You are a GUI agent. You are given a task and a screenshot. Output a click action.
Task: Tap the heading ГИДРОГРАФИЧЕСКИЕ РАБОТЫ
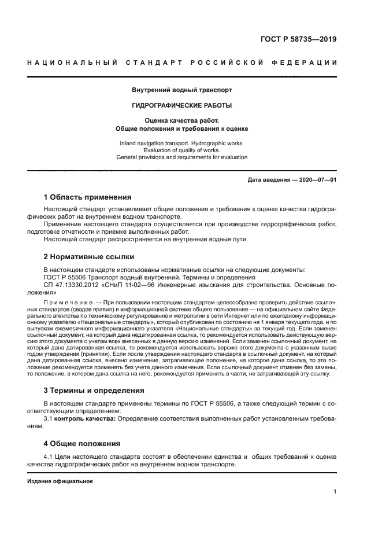182,105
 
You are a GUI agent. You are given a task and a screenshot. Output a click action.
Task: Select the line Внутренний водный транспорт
182,90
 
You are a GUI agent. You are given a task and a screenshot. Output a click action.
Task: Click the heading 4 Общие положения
83,443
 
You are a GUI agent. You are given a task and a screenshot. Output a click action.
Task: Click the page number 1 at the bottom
335,492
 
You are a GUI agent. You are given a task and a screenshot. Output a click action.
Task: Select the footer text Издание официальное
60,480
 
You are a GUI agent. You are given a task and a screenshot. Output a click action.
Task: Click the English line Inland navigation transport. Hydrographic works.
182,142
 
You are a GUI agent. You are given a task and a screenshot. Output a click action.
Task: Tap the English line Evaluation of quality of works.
182,149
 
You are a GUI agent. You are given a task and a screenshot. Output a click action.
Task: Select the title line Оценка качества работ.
182,120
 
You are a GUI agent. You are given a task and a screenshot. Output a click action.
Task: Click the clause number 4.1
49,457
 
